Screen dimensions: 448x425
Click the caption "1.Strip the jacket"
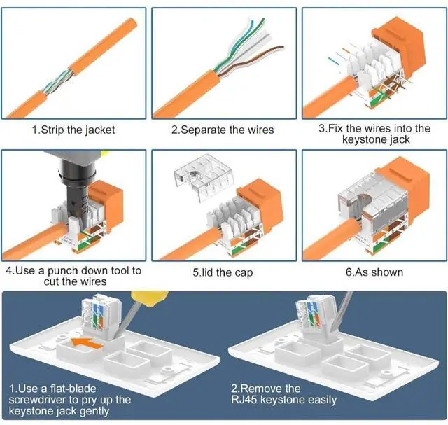pos(73,130)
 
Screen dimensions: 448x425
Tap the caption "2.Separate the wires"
pos(223,130)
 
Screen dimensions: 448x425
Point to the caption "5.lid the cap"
pos(223,272)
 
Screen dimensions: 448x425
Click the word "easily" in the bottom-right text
pos(320,400)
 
